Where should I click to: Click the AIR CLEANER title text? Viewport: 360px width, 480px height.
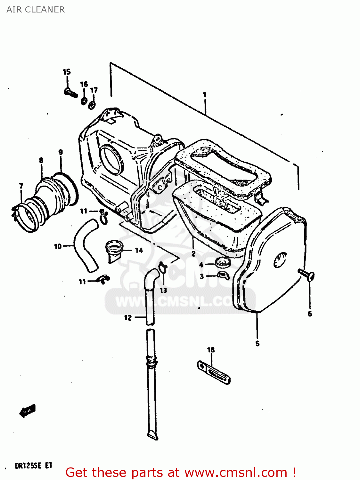[36, 10]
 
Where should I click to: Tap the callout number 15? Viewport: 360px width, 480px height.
[67, 72]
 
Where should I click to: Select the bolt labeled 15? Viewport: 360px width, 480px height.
[71, 93]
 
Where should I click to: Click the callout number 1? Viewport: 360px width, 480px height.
[204, 95]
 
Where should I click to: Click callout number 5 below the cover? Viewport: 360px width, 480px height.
[258, 344]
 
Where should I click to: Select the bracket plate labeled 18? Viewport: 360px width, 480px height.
[214, 372]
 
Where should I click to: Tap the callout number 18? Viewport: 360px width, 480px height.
[211, 350]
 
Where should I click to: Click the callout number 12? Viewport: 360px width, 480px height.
[128, 317]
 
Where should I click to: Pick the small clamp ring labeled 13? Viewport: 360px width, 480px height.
[163, 267]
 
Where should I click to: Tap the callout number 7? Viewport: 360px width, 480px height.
[21, 186]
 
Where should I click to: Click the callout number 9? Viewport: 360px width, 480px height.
[61, 152]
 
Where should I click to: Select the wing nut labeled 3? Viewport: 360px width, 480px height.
[223, 275]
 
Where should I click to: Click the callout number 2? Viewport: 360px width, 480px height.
[193, 254]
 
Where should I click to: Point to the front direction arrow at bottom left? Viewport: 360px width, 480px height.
[28, 411]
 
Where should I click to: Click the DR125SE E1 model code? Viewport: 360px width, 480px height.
[33, 466]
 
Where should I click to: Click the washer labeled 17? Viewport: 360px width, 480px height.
[92, 105]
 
